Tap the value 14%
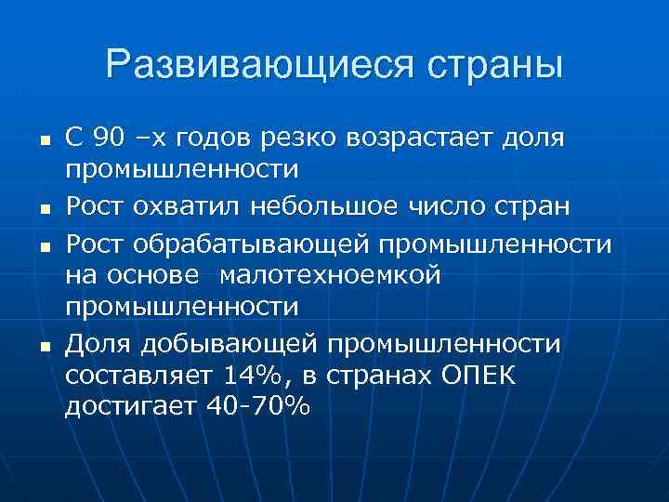click(x=252, y=377)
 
